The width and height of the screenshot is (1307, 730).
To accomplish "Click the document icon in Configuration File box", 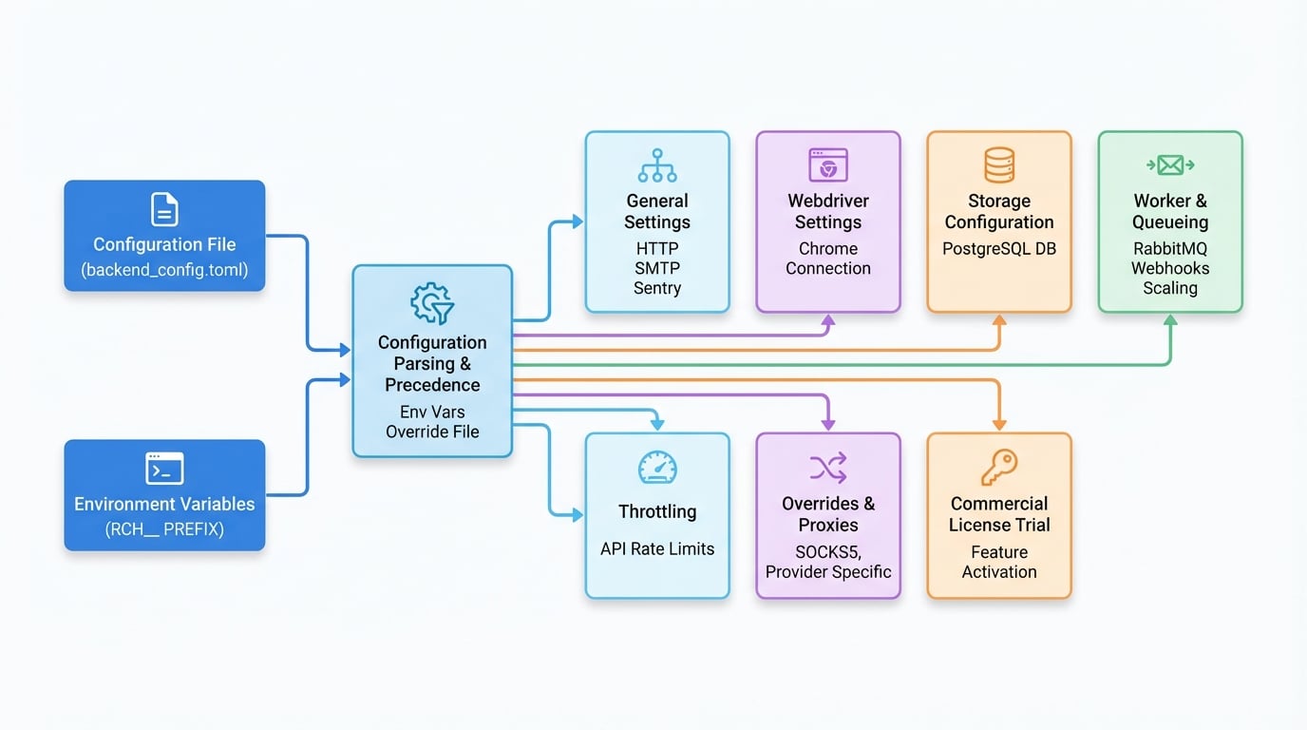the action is click(164, 209).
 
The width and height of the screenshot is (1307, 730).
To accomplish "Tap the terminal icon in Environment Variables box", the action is click(164, 469).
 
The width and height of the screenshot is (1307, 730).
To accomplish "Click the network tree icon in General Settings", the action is click(657, 165).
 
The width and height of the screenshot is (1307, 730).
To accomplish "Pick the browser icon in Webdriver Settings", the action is click(828, 165).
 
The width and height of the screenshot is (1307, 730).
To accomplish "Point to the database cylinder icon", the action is click(999, 165).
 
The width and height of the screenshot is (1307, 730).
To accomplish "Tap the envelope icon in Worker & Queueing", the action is click(1170, 165).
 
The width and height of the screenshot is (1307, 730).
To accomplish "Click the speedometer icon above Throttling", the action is click(657, 468).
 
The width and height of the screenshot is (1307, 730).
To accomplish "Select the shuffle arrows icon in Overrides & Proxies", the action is click(828, 468).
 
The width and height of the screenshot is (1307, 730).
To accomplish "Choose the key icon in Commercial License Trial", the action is click(999, 468).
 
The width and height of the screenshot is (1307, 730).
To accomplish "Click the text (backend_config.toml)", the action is click(164, 270).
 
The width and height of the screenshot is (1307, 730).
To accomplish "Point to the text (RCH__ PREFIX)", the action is click(164, 529).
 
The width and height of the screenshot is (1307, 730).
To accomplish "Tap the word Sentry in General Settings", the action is click(657, 288).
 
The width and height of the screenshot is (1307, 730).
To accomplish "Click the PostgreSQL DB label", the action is click(999, 249).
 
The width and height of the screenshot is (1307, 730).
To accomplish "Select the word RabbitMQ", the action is click(1170, 249).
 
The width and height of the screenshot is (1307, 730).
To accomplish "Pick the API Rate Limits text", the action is click(657, 549).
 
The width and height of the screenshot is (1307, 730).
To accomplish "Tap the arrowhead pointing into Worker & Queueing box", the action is click(1170, 319).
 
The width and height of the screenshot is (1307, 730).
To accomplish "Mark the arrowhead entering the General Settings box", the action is click(578, 221).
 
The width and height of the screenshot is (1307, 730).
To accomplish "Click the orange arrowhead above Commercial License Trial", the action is click(999, 425).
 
